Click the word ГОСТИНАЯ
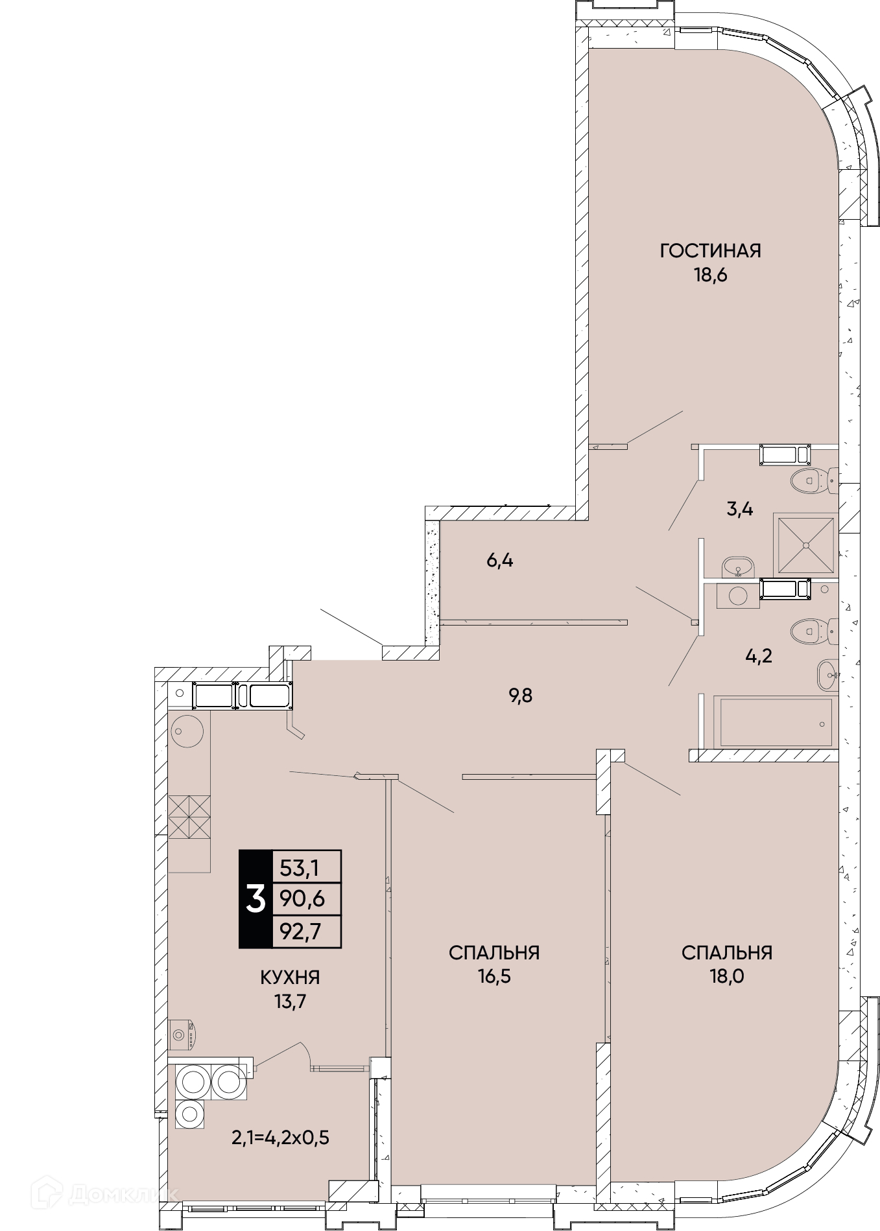(710, 250)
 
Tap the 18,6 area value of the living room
(711, 275)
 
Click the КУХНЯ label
(291, 978)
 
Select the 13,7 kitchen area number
(290, 1002)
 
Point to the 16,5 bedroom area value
(494, 976)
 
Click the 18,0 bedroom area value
(726, 976)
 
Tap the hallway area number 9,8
(521, 696)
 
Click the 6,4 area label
(500, 560)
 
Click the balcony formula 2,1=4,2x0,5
(281, 1138)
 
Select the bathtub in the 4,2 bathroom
(772, 722)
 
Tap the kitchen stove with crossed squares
(189, 816)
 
